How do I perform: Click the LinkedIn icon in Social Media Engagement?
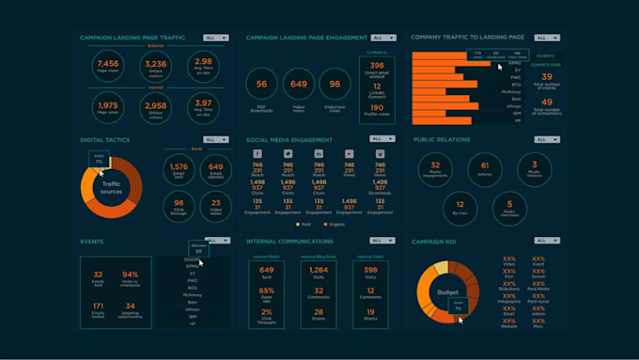[319, 153]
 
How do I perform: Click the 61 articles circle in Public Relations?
[484, 168]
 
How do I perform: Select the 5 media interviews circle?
[508, 206]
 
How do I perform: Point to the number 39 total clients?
[546, 78]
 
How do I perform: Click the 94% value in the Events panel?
[130, 275]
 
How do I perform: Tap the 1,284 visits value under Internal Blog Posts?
[317, 271]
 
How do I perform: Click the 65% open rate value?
[267, 291]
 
